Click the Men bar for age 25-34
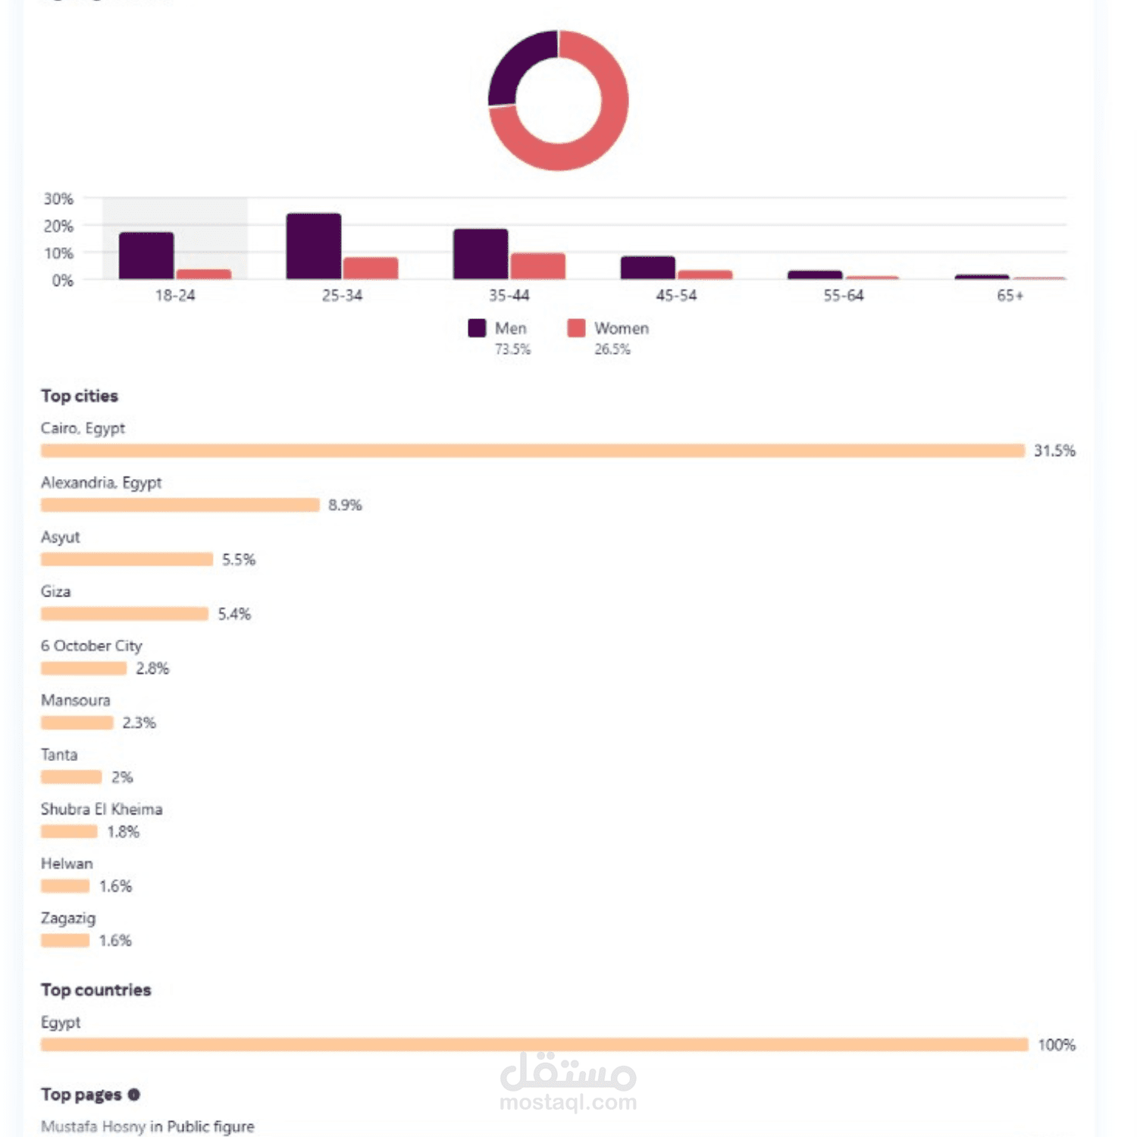point(313,246)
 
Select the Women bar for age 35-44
point(537,266)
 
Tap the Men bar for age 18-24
point(146,255)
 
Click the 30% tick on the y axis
point(58,199)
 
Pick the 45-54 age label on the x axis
point(676,296)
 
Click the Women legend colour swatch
point(576,328)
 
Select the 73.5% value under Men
point(512,349)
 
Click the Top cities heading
point(80,396)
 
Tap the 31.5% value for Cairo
point(1054,451)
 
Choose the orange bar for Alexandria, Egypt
point(180,506)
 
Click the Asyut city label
point(60,537)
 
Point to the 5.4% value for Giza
point(234,614)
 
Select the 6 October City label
point(91,646)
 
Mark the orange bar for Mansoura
point(77,723)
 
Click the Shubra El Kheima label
point(102,810)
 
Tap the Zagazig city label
point(68,918)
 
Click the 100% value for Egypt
point(1057,1045)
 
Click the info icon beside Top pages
point(134,1095)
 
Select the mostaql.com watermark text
point(568,1102)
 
